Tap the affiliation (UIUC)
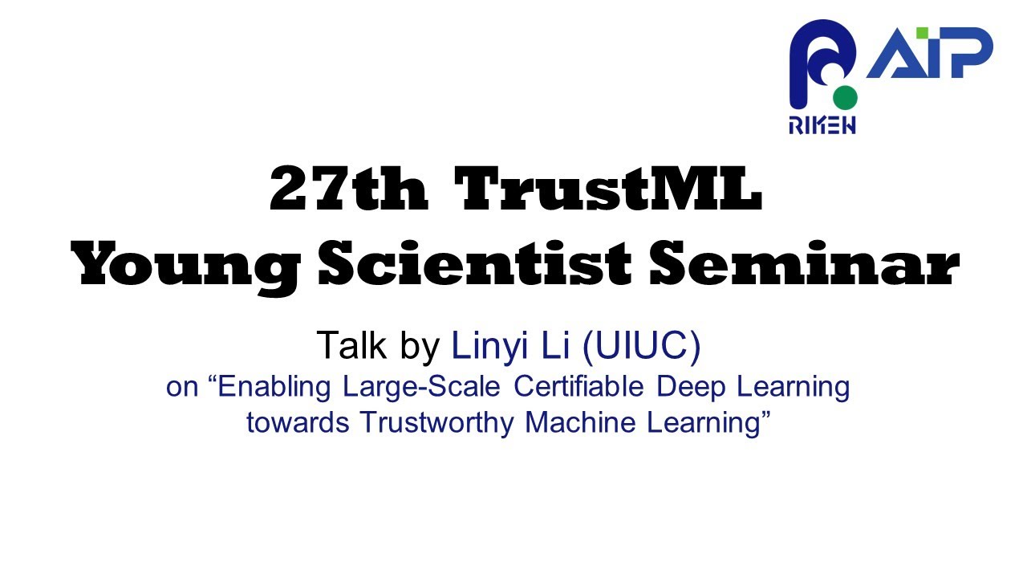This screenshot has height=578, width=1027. click(642, 345)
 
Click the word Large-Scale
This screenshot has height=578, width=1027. click(424, 388)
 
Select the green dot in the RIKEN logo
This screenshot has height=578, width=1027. click(845, 98)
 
